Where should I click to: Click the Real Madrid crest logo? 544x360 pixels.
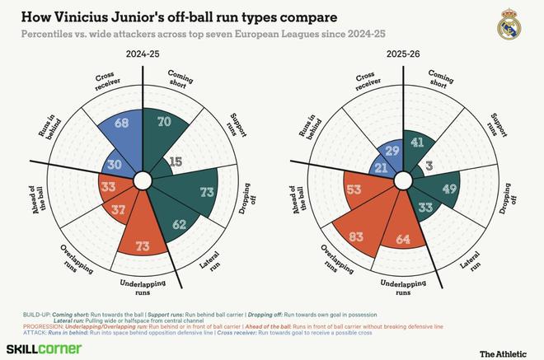[511, 26]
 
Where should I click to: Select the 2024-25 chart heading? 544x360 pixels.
[143, 53]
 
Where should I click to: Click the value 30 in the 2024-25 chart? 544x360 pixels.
[115, 165]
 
